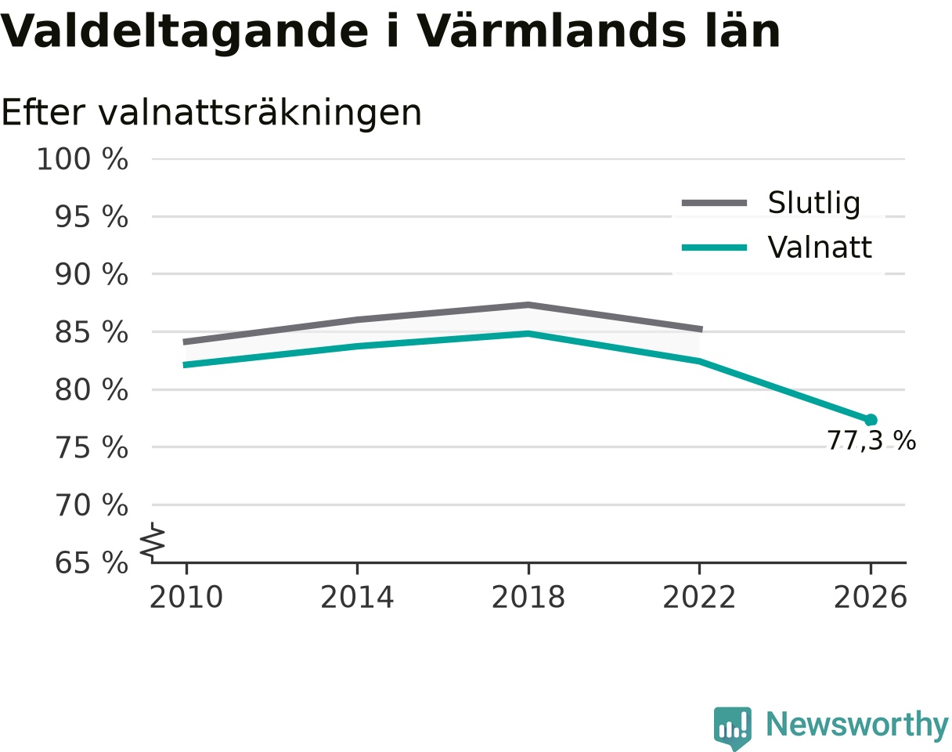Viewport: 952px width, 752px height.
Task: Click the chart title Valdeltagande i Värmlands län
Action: coord(390,32)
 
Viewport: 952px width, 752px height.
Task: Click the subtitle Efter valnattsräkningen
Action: coord(211,113)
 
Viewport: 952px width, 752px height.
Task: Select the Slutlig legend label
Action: coord(814,204)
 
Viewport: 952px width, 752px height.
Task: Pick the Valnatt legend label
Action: coord(820,247)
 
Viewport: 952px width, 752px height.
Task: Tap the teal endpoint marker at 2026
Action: coord(871,420)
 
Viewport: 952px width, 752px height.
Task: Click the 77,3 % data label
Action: coord(871,440)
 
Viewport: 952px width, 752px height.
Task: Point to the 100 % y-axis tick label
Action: coord(82,159)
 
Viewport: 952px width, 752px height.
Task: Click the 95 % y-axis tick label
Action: coord(92,217)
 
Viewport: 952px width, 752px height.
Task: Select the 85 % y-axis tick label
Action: coord(92,332)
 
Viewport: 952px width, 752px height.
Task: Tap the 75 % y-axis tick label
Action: coord(92,447)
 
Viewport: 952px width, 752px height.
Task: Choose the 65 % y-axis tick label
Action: coord(92,563)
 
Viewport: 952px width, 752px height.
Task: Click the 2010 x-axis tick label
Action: coord(186,598)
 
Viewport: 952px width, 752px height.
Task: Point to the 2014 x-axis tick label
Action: coord(357,598)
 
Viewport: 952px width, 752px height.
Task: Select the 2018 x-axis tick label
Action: coord(528,598)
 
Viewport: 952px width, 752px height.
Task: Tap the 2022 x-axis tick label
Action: coord(699,598)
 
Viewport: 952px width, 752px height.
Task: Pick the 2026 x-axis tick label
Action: coord(870,598)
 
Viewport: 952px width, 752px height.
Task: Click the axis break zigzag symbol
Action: coord(153,539)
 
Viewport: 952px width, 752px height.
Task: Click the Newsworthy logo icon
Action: coord(732,727)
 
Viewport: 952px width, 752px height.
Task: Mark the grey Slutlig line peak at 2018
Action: coord(528,305)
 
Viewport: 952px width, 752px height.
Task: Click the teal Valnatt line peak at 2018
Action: coord(528,333)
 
